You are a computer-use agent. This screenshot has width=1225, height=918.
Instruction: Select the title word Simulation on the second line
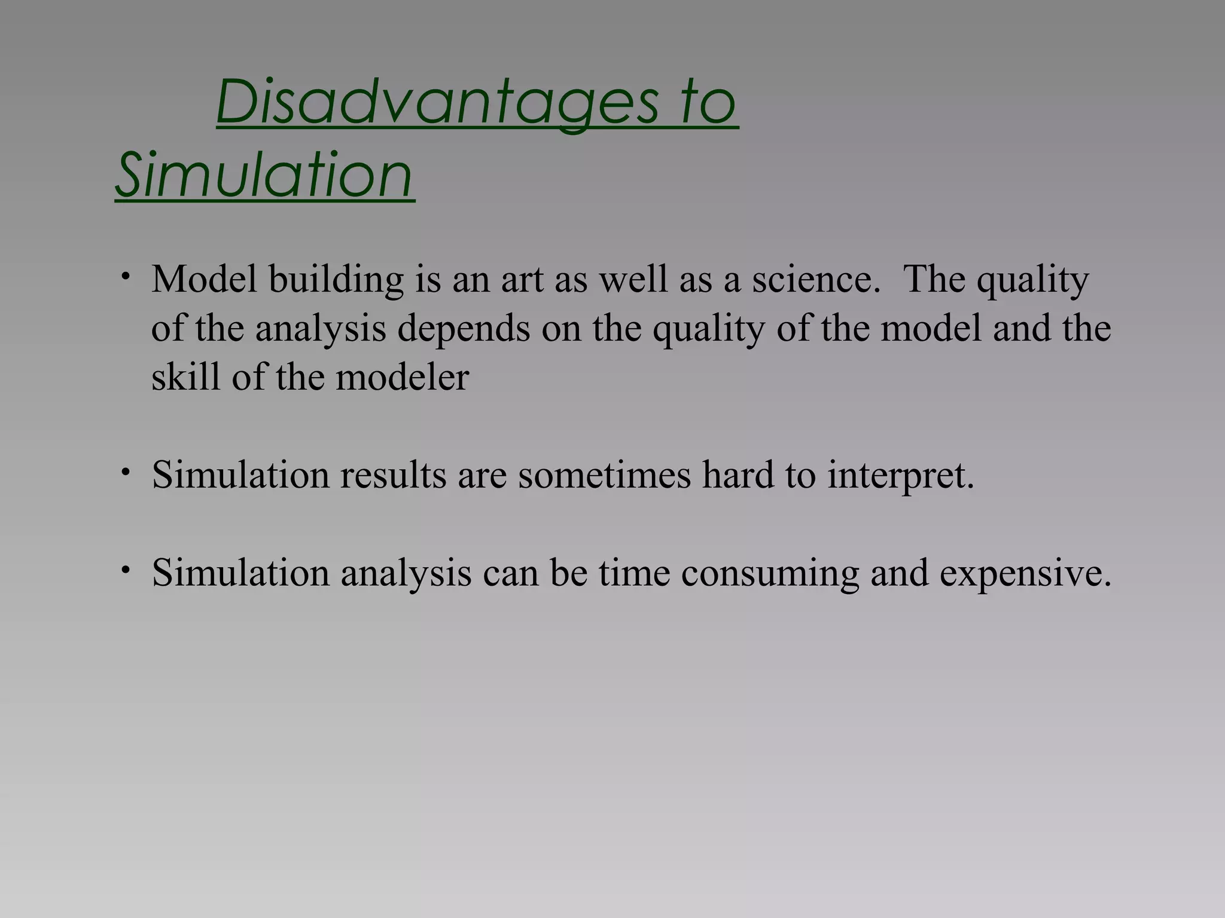[264, 175]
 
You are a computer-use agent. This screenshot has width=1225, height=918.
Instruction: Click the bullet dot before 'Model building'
[125, 276]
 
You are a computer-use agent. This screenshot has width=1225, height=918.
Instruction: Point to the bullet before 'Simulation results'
[125, 472]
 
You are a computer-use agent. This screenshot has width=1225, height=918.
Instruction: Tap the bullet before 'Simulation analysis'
[125, 570]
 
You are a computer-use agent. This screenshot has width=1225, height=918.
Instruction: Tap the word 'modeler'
[402, 378]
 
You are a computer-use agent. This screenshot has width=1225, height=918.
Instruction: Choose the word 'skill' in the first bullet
[185, 378]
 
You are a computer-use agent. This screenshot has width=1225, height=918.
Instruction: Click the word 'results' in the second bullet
[394, 475]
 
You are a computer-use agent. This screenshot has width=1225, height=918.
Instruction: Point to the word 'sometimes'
[604, 475]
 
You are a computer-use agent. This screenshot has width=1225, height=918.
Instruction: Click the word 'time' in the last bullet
[634, 573]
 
